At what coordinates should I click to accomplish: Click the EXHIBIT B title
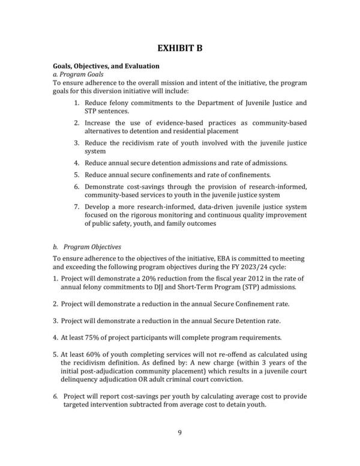180,48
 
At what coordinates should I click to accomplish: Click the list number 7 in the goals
77,207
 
